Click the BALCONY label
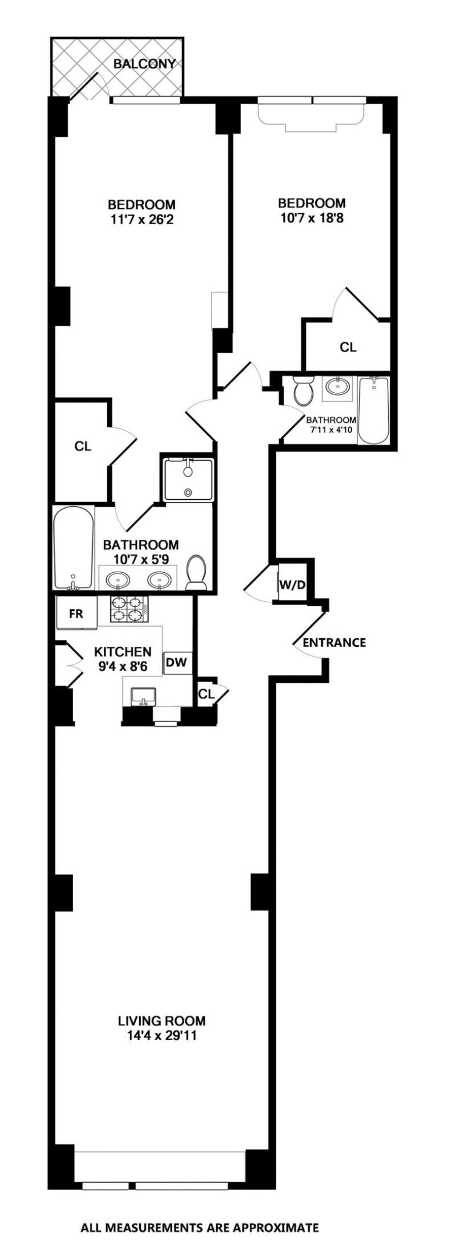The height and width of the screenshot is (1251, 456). click(144, 64)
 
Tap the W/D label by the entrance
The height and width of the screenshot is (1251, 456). click(292, 584)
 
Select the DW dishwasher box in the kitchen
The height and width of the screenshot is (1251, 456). click(177, 663)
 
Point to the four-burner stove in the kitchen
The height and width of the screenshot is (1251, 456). click(128, 609)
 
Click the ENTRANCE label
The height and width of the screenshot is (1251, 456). click(334, 642)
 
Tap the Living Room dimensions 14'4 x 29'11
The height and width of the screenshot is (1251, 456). click(162, 1036)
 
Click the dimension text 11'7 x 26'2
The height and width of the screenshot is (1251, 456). click(141, 220)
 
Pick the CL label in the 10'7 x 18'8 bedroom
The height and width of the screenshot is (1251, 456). click(348, 347)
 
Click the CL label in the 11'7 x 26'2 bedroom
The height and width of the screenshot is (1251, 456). click(83, 447)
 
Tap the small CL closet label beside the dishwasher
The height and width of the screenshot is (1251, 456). click(206, 693)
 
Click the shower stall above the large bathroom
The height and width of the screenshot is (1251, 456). click(188, 479)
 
